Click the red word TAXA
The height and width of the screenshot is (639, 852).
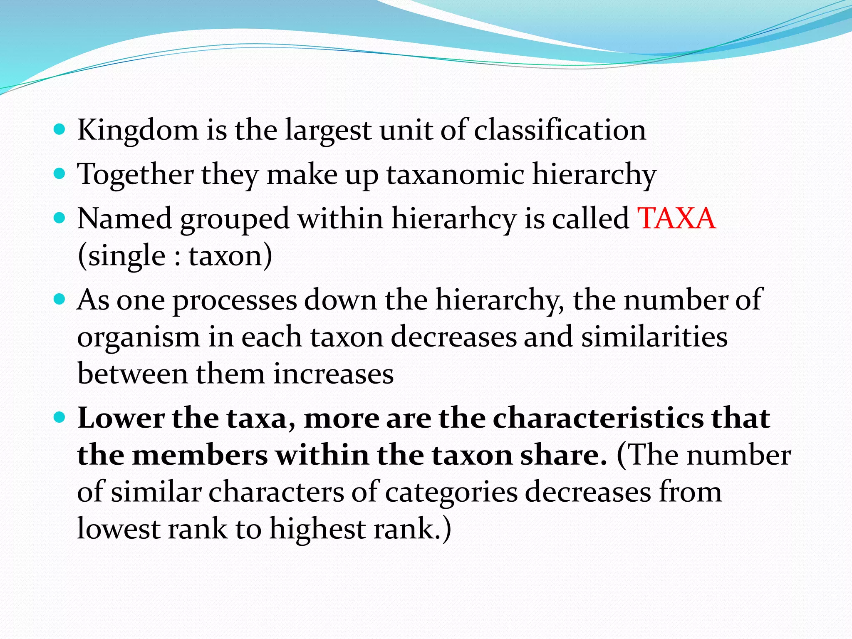pos(676,218)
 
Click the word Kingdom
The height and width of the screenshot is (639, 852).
pos(138,131)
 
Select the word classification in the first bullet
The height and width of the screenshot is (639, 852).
pos(560,130)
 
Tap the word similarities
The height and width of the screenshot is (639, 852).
pos(654,337)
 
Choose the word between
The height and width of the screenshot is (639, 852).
pos(133,374)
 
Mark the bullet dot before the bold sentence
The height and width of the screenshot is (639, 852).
pos(60,417)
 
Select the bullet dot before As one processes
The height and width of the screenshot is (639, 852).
pos(60,299)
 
